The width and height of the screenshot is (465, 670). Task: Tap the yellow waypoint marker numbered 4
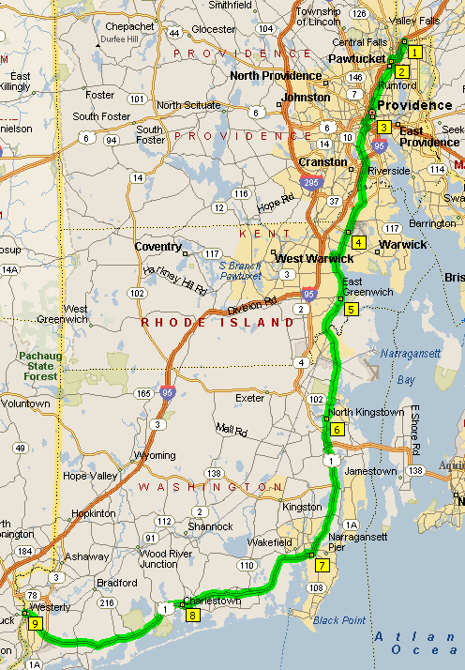point(358,241)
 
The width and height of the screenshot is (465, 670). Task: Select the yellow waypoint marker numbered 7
point(322,565)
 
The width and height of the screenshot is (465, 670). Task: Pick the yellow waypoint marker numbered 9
point(36,622)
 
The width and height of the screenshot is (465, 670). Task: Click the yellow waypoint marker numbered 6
point(337,429)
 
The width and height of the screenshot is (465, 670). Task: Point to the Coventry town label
point(157,246)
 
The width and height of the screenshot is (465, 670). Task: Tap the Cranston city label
point(322,161)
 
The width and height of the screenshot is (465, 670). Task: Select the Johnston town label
point(307,97)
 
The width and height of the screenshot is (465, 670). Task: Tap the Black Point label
point(339,620)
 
